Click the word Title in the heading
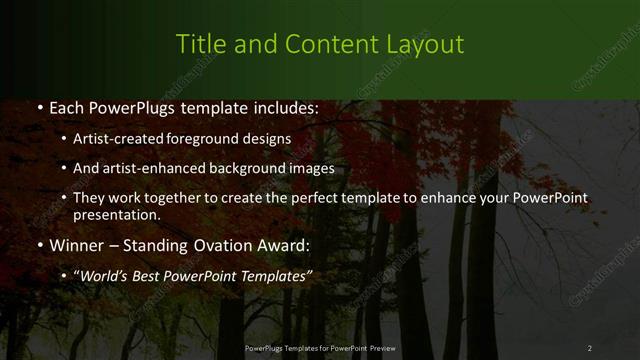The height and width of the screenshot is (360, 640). pos(199,45)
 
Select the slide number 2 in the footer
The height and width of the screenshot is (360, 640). pos(589,347)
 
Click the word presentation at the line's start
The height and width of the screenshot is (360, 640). pos(115,214)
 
